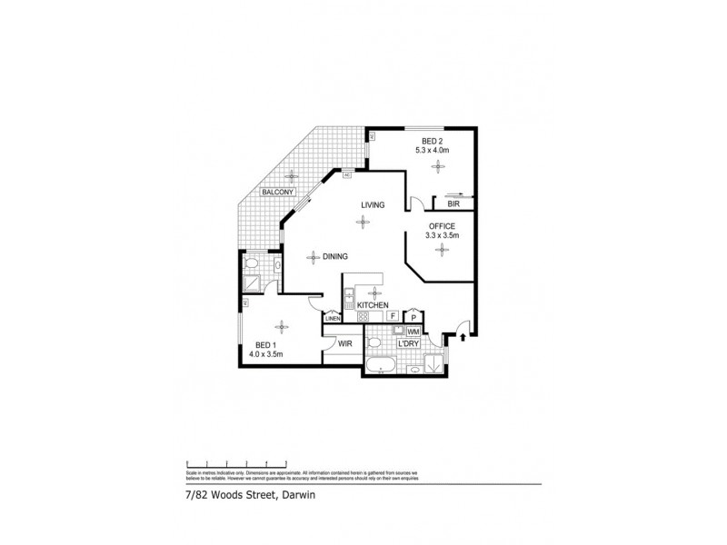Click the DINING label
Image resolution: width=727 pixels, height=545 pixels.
(336, 257)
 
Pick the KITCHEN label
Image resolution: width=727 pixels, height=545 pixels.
(373, 305)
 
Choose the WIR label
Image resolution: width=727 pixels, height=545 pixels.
(344, 344)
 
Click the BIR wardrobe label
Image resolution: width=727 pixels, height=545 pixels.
(452, 205)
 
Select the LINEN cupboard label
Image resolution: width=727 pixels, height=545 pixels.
(333, 318)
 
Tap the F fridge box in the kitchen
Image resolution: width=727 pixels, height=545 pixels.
(393, 316)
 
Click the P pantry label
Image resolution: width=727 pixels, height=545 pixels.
(413, 317)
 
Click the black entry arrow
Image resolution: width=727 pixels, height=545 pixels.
(464, 338)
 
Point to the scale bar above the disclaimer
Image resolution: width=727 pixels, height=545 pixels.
(237, 462)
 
